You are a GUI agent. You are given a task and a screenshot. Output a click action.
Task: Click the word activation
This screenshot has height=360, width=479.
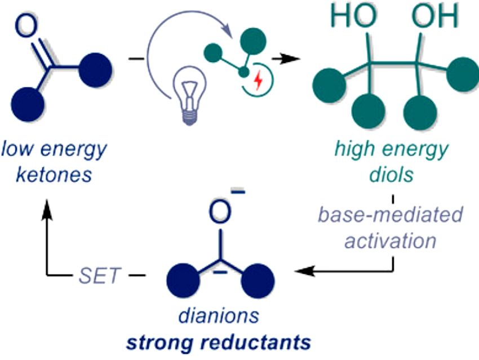(390, 241)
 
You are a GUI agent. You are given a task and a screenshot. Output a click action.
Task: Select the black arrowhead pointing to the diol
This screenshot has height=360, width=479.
(291, 57)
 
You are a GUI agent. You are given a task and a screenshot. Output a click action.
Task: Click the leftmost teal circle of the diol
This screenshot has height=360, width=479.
(327, 85)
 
